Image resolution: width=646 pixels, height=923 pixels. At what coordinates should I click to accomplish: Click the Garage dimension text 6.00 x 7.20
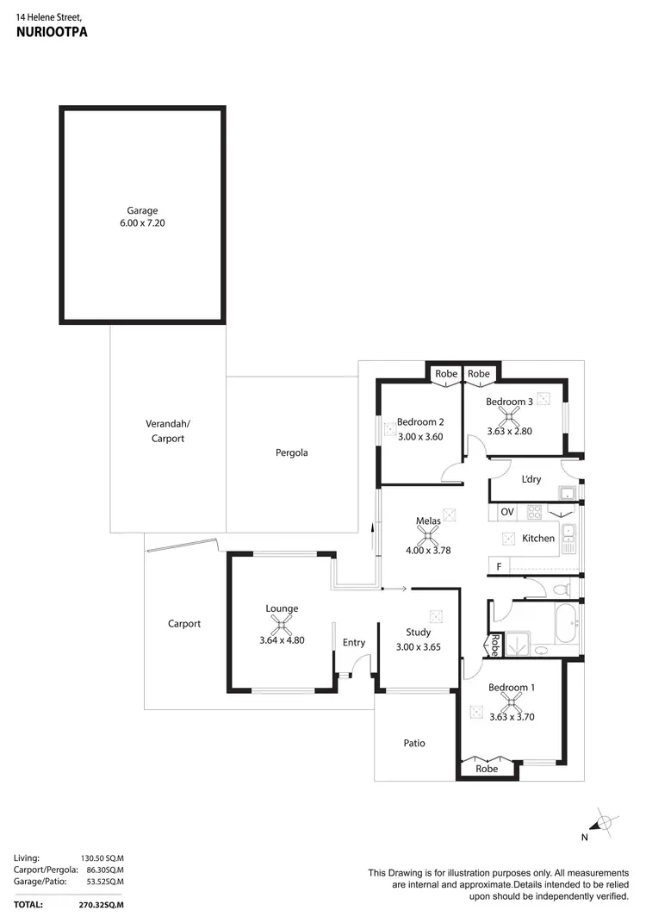(143, 223)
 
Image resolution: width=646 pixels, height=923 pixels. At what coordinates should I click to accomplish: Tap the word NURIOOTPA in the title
(52, 31)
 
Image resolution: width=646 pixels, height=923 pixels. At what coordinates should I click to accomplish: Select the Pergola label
(292, 452)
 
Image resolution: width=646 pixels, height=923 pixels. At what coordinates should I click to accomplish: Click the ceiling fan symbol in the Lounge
(282, 624)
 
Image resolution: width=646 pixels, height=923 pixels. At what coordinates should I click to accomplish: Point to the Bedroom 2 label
(419, 422)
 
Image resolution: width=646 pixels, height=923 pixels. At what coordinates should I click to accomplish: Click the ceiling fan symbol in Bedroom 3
(514, 416)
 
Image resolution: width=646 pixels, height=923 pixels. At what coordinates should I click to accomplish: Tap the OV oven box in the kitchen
(506, 511)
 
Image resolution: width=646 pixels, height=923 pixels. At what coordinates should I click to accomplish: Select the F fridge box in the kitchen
(497, 566)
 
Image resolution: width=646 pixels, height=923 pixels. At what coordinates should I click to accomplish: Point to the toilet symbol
(561, 590)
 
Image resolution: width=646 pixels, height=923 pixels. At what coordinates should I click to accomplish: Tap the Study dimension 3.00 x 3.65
(418, 646)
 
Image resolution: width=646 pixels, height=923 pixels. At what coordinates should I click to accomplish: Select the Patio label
(414, 743)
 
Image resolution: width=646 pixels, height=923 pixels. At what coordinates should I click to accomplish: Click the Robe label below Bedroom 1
(487, 768)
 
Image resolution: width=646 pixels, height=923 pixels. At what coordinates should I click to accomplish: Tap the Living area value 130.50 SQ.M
(102, 858)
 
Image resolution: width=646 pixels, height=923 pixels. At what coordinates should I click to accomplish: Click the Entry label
(354, 642)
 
